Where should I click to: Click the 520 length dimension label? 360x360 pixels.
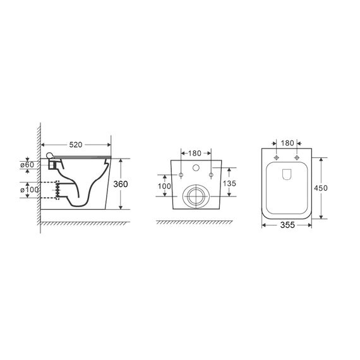[x=76, y=145]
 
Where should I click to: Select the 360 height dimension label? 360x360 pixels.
[x=121, y=184]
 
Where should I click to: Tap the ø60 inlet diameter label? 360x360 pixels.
[x=27, y=165]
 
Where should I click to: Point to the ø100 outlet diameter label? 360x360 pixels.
[x=30, y=190]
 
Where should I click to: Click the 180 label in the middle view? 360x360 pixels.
[x=195, y=153]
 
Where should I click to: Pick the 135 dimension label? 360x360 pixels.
[x=229, y=183]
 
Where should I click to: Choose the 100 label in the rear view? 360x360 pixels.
[x=164, y=186]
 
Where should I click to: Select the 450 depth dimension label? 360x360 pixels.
[x=321, y=188]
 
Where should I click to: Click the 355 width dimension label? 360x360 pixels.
[x=287, y=225]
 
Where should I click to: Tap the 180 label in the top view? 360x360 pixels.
[x=287, y=143]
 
